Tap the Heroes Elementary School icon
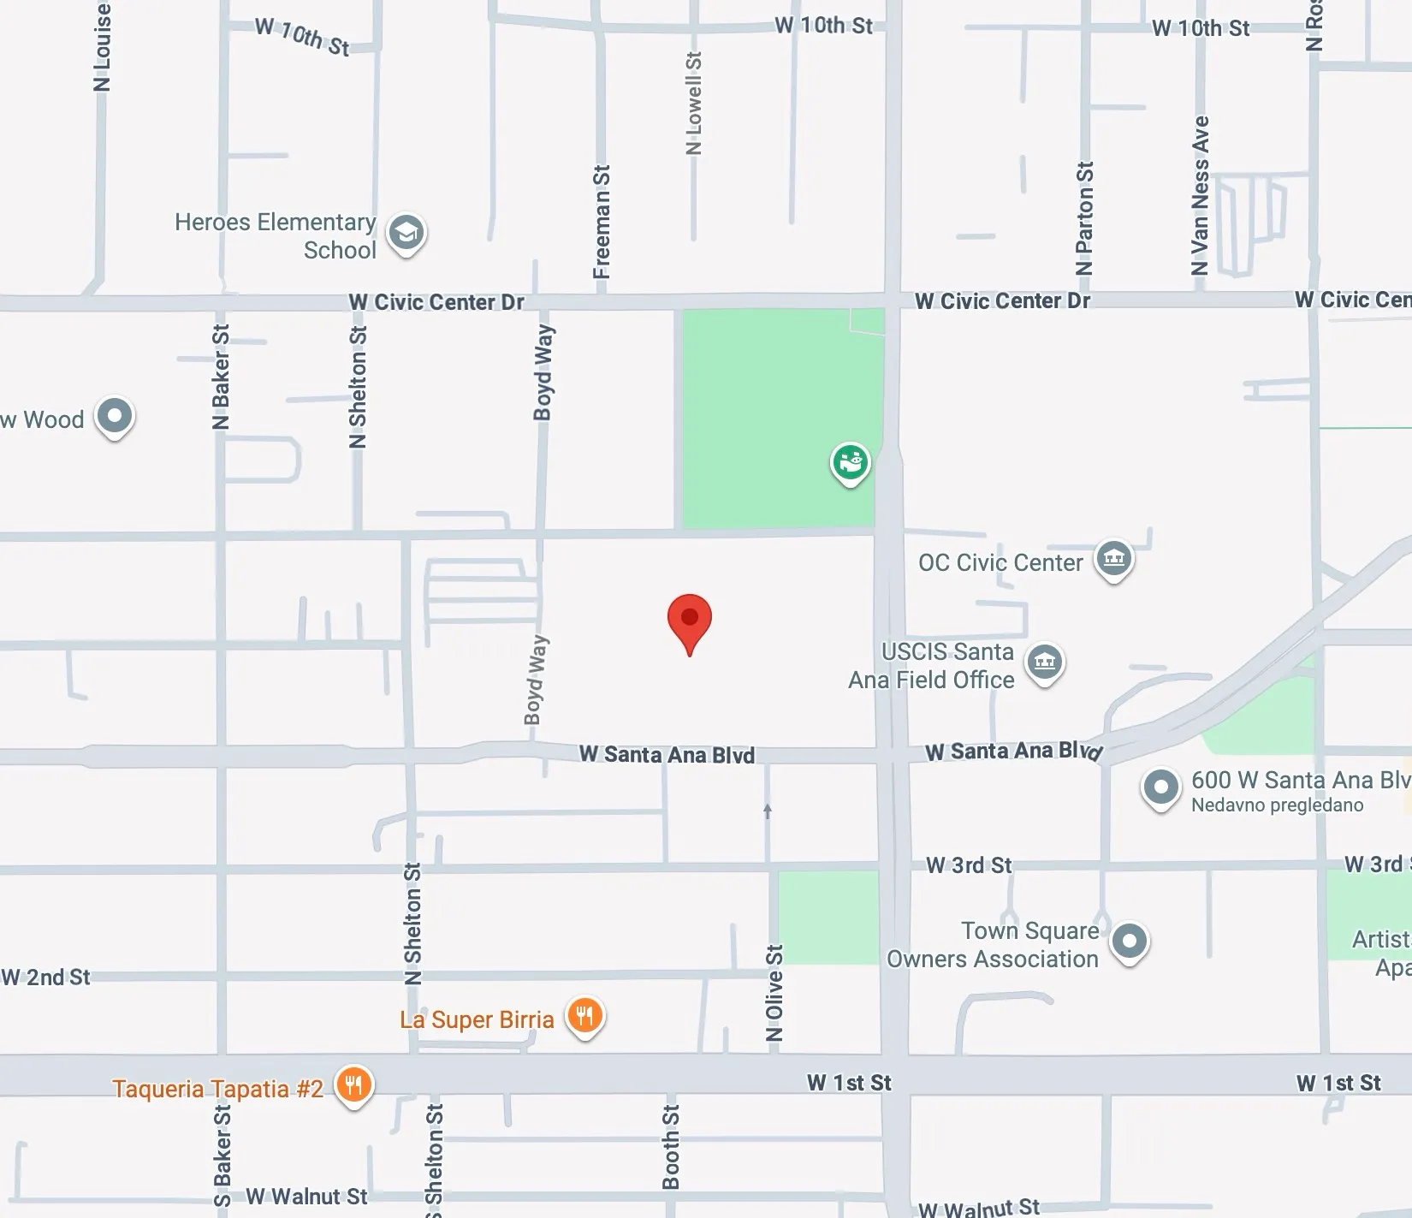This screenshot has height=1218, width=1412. click(x=406, y=233)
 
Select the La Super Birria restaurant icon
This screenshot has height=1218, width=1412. click(x=585, y=1017)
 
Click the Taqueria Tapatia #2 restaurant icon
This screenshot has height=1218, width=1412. click(x=353, y=1085)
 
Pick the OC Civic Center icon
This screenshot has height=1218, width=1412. click(x=1113, y=560)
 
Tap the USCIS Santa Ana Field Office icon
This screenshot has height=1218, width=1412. click(x=1045, y=662)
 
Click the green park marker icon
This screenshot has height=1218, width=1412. click(x=850, y=463)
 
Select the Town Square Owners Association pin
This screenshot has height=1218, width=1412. click(x=1129, y=942)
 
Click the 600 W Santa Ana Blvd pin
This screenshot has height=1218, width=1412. click(x=1160, y=787)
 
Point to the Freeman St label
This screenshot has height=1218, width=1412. click(x=602, y=222)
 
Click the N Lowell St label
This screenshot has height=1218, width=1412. click(x=694, y=104)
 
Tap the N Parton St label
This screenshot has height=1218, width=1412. click(x=1084, y=218)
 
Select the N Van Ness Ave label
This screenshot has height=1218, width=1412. click(x=1201, y=195)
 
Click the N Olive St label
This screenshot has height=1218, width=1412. click(x=774, y=993)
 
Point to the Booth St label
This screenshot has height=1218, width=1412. click(x=671, y=1147)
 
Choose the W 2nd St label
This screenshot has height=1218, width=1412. click(x=46, y=977)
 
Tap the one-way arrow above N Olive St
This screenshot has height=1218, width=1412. click(x=768, y=811)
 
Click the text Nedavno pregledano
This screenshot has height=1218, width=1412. click(x=1277, y=805)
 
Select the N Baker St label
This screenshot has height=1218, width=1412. click(x=221, y=377)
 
